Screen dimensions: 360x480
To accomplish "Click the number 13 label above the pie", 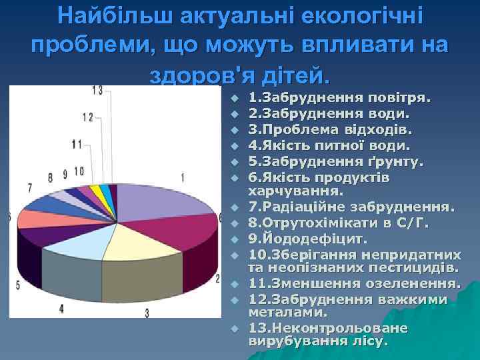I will [x=97, y=90].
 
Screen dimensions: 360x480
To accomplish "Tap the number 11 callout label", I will [x=77, y=144].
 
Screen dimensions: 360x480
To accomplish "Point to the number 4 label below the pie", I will [x=61, y=308].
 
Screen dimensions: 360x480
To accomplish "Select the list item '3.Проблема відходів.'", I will [x=330, y=129].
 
